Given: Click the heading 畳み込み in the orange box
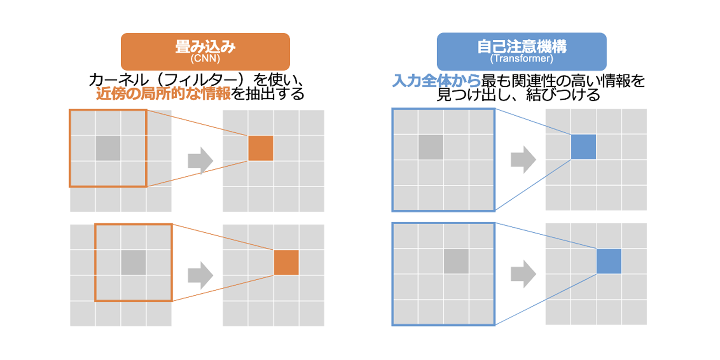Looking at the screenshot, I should click(205, 47).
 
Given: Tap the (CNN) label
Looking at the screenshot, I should click(205, 59).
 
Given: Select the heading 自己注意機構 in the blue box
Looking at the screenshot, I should click(522, 46).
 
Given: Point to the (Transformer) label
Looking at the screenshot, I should click(522, 59).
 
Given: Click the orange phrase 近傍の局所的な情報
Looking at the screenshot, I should click(163, 94).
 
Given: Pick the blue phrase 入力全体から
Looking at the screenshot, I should click(436, 81).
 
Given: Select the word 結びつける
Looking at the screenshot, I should click(563, 95).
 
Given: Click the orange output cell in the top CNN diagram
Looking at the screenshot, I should click(261, 148).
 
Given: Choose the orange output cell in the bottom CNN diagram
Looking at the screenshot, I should click(286, 263).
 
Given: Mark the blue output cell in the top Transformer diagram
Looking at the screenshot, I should click(583, 147).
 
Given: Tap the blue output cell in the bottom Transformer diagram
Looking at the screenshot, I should click(609, 261).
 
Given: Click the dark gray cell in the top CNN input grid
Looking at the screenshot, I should click(108, 148).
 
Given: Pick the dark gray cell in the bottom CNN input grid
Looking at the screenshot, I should click(134, 263).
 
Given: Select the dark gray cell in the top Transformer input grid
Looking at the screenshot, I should click(431, 147).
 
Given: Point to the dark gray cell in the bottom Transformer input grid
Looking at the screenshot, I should click(456, 261).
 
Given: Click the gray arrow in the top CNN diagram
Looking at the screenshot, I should click(200, 160).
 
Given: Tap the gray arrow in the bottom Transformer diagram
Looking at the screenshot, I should click(523, 274).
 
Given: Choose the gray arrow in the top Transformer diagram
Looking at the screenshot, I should click(523, 159).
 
